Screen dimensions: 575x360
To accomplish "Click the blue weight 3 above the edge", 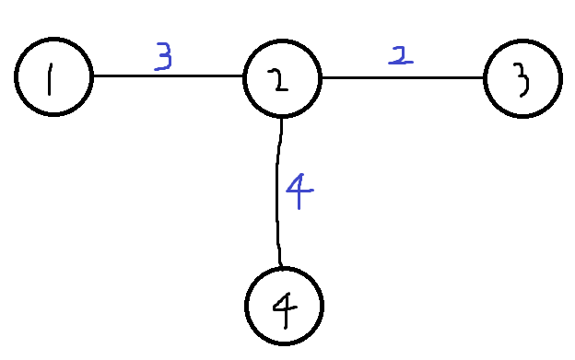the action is (163, 56).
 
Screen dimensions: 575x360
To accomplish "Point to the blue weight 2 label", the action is (401, 55).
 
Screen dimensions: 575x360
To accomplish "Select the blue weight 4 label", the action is (299, 192).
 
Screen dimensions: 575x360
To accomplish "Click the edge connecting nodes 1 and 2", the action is (169, 76).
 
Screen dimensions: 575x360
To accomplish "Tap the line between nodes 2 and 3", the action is (403, 77).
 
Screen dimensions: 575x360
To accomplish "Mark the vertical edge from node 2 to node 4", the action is (278, 192).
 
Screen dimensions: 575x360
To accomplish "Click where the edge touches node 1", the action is (93, 76).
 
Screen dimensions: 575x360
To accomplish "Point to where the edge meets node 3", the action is (484, 77).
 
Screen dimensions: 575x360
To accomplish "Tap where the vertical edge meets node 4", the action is (281, 267).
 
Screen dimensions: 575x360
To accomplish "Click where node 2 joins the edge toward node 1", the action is (243, 76).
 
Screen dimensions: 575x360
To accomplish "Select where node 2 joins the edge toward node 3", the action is (323, 77).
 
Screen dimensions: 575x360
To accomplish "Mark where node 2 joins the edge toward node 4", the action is (282, 118).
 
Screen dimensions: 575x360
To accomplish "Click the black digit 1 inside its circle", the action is (50, 79).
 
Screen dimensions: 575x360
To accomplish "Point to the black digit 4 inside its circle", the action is (285, 310).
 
